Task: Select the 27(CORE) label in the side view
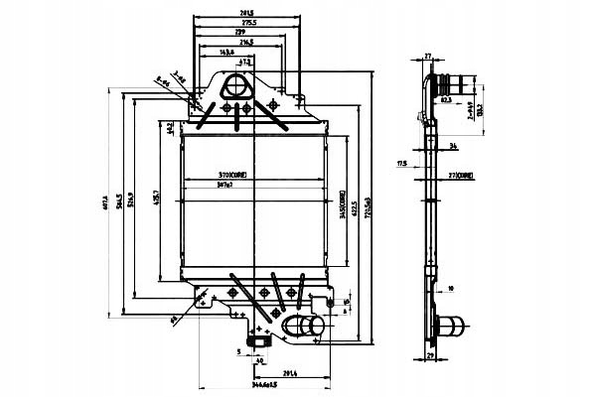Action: point(459,175)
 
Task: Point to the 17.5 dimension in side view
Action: point(400,161)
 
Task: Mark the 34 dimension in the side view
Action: point(453,146)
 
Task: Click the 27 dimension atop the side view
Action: point(428,58)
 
